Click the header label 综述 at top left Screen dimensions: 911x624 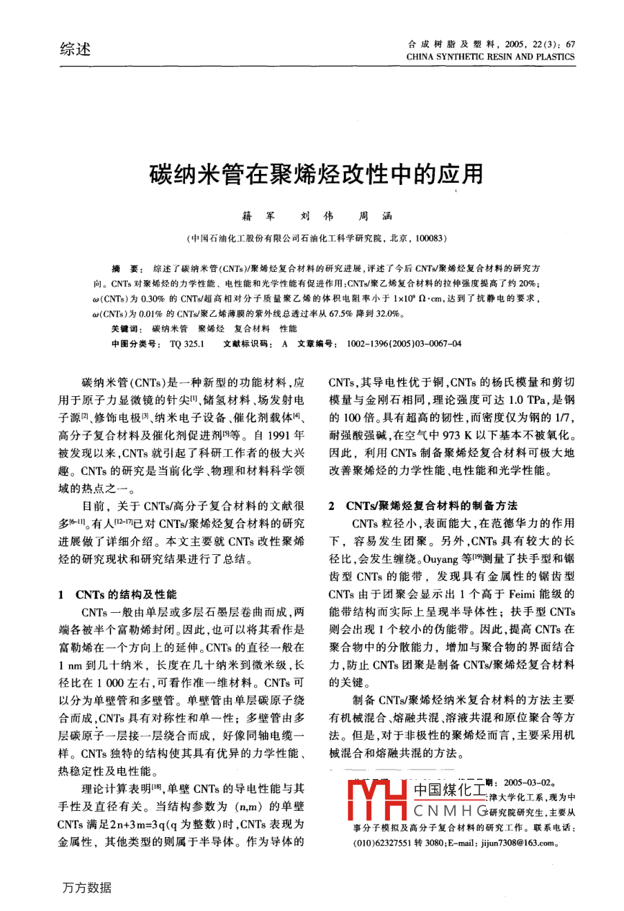coord(75,49)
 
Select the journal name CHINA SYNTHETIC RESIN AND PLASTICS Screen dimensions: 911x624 coord(490,57)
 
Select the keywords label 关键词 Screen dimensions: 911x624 coord(126,330)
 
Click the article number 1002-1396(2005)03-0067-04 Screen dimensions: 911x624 coord(404,343)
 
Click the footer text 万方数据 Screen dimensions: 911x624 coord(86,888)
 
